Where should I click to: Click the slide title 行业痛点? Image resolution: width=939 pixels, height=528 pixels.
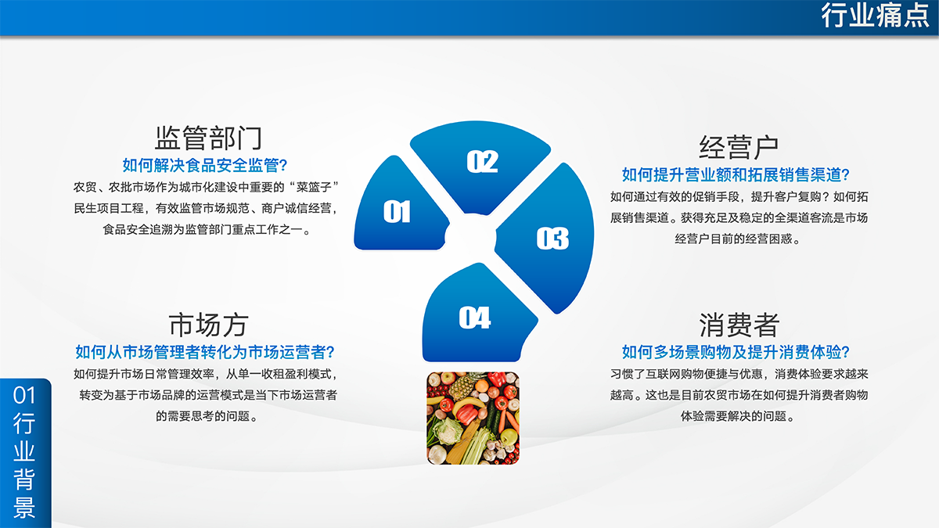pos(875,16)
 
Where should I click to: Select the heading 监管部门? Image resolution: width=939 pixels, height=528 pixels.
pos(208,138)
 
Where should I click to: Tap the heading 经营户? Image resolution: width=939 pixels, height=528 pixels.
pos(738,147)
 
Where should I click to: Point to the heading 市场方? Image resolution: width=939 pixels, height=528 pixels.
pos(208,325)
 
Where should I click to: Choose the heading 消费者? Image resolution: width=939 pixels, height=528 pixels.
pos(739,325)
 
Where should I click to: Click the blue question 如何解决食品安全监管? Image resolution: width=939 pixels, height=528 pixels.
pos(204,166)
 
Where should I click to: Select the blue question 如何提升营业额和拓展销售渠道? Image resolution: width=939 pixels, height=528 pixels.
pos(736,174)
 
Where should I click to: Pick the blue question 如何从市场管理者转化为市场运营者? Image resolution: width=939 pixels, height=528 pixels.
pos(204,352)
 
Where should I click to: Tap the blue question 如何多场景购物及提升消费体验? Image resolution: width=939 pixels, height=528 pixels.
pos(736,352)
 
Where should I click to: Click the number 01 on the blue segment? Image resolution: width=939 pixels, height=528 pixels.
pos(397,211)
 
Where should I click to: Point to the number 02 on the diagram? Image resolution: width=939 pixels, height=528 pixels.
pos(482,161)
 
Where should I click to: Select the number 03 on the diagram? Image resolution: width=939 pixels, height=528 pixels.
pos(552,238)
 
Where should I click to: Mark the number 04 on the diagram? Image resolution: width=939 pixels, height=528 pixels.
pos(474,318)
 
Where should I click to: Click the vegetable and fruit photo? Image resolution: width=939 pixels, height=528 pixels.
pos(473,418)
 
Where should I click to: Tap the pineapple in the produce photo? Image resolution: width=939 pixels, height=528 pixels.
pos(462,386)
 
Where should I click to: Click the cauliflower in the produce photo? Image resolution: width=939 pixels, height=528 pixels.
pos(447,431)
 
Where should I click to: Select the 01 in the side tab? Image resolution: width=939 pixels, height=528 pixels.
pos(24,395)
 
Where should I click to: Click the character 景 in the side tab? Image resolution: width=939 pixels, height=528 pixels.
pos(24,507)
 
